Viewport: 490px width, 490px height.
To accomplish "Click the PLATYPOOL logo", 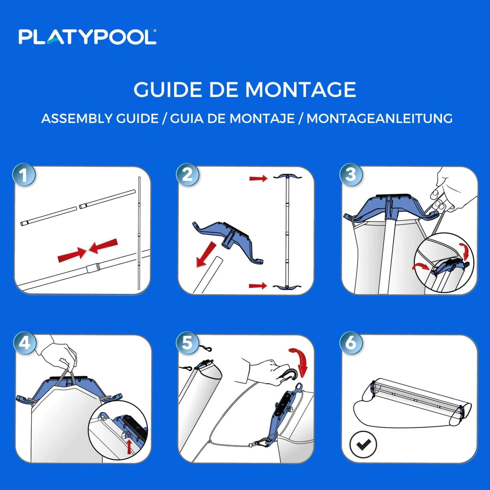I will click(87, 37).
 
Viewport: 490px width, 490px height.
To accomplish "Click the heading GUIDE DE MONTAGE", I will click(245, 90).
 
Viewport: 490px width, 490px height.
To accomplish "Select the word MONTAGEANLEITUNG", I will click(379, 118).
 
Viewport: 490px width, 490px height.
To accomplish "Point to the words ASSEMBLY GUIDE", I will click(100, 118).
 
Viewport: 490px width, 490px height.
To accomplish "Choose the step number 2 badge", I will click(187, 175).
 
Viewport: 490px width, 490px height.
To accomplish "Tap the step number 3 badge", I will click(351, 175).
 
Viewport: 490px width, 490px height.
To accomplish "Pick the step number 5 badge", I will click(187, 343).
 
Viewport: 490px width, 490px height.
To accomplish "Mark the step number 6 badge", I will click(351, 343).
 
